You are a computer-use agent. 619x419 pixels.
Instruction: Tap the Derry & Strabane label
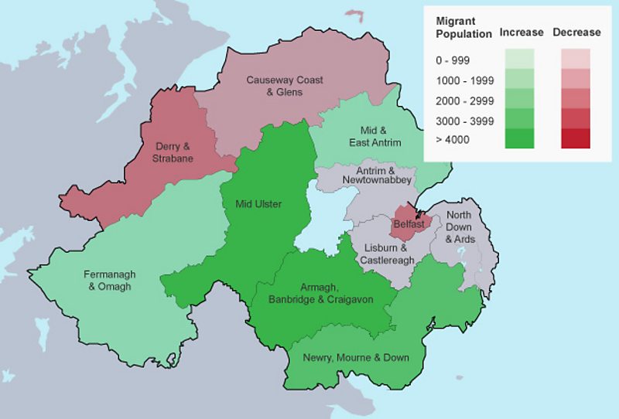(x=174, y=152)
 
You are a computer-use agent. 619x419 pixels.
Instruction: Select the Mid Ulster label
(x=258, y=204)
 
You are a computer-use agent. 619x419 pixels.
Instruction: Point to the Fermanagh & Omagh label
(x=109, y=280)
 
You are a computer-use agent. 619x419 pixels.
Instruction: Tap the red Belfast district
(x=408, y=223)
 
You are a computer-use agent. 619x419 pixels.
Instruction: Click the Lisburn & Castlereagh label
(x=391, y=254)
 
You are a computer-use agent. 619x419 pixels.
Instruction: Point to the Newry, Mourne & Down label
(x=356, y=357)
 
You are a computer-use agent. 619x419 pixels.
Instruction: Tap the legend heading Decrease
(x=576, y=32)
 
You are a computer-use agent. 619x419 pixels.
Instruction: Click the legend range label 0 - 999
(x=453, y=60)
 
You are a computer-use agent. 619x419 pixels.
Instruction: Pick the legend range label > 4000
(x=453, y=139)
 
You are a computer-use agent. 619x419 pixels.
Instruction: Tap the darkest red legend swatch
(x=576, y=138)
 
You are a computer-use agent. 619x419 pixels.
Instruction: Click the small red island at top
(x=354, y=14)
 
